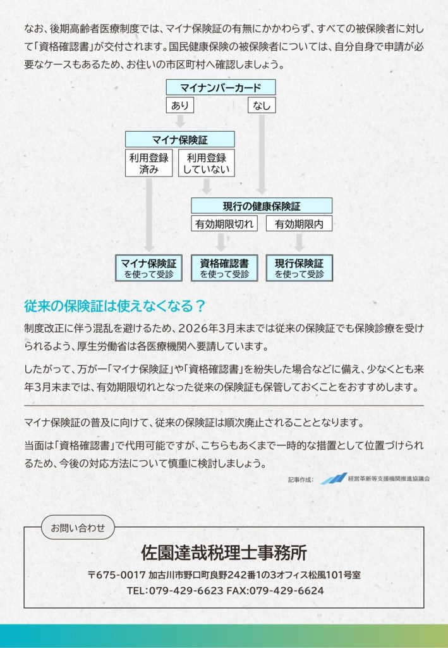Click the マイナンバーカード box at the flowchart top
pyautogui.click(x=221, y=87)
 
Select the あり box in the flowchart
pyautogui.click(x=180, y=105)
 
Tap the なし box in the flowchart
pyautogui.click(x=262, y=105)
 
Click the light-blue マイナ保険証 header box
pyautogui.click(x=180, y=140)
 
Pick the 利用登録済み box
pyautogui.click(x=148, y=163)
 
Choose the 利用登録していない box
pyautogui.click(x=206, y=163)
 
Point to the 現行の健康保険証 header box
pyautogui.click(x=262, y=206)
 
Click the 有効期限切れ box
pyautogui.click(x=224, y=223)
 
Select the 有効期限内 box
pyautogui.click(x=299, y=223)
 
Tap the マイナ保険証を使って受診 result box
pyautogui.click(x=148, y=268)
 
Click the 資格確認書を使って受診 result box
pyautogui.click(x=224, y=268)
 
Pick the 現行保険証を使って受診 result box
pyautogui.click(x=299, y=268)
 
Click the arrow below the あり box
pyautogui.click(x=180, y=121)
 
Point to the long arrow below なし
pyautogui.click(x=262, y=154)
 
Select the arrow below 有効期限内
pyautogui.click(x=299, y=242)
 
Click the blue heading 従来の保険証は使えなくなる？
pyautogui.click(x=114, y=306)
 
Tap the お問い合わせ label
pyautogui.click(x=78, y=527)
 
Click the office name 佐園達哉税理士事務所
pyautogui.click(x=224, y=552)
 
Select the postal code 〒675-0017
pyautogui.click(x=117, y=575)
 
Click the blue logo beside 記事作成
pyautogui.click(x=334, y=478)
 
